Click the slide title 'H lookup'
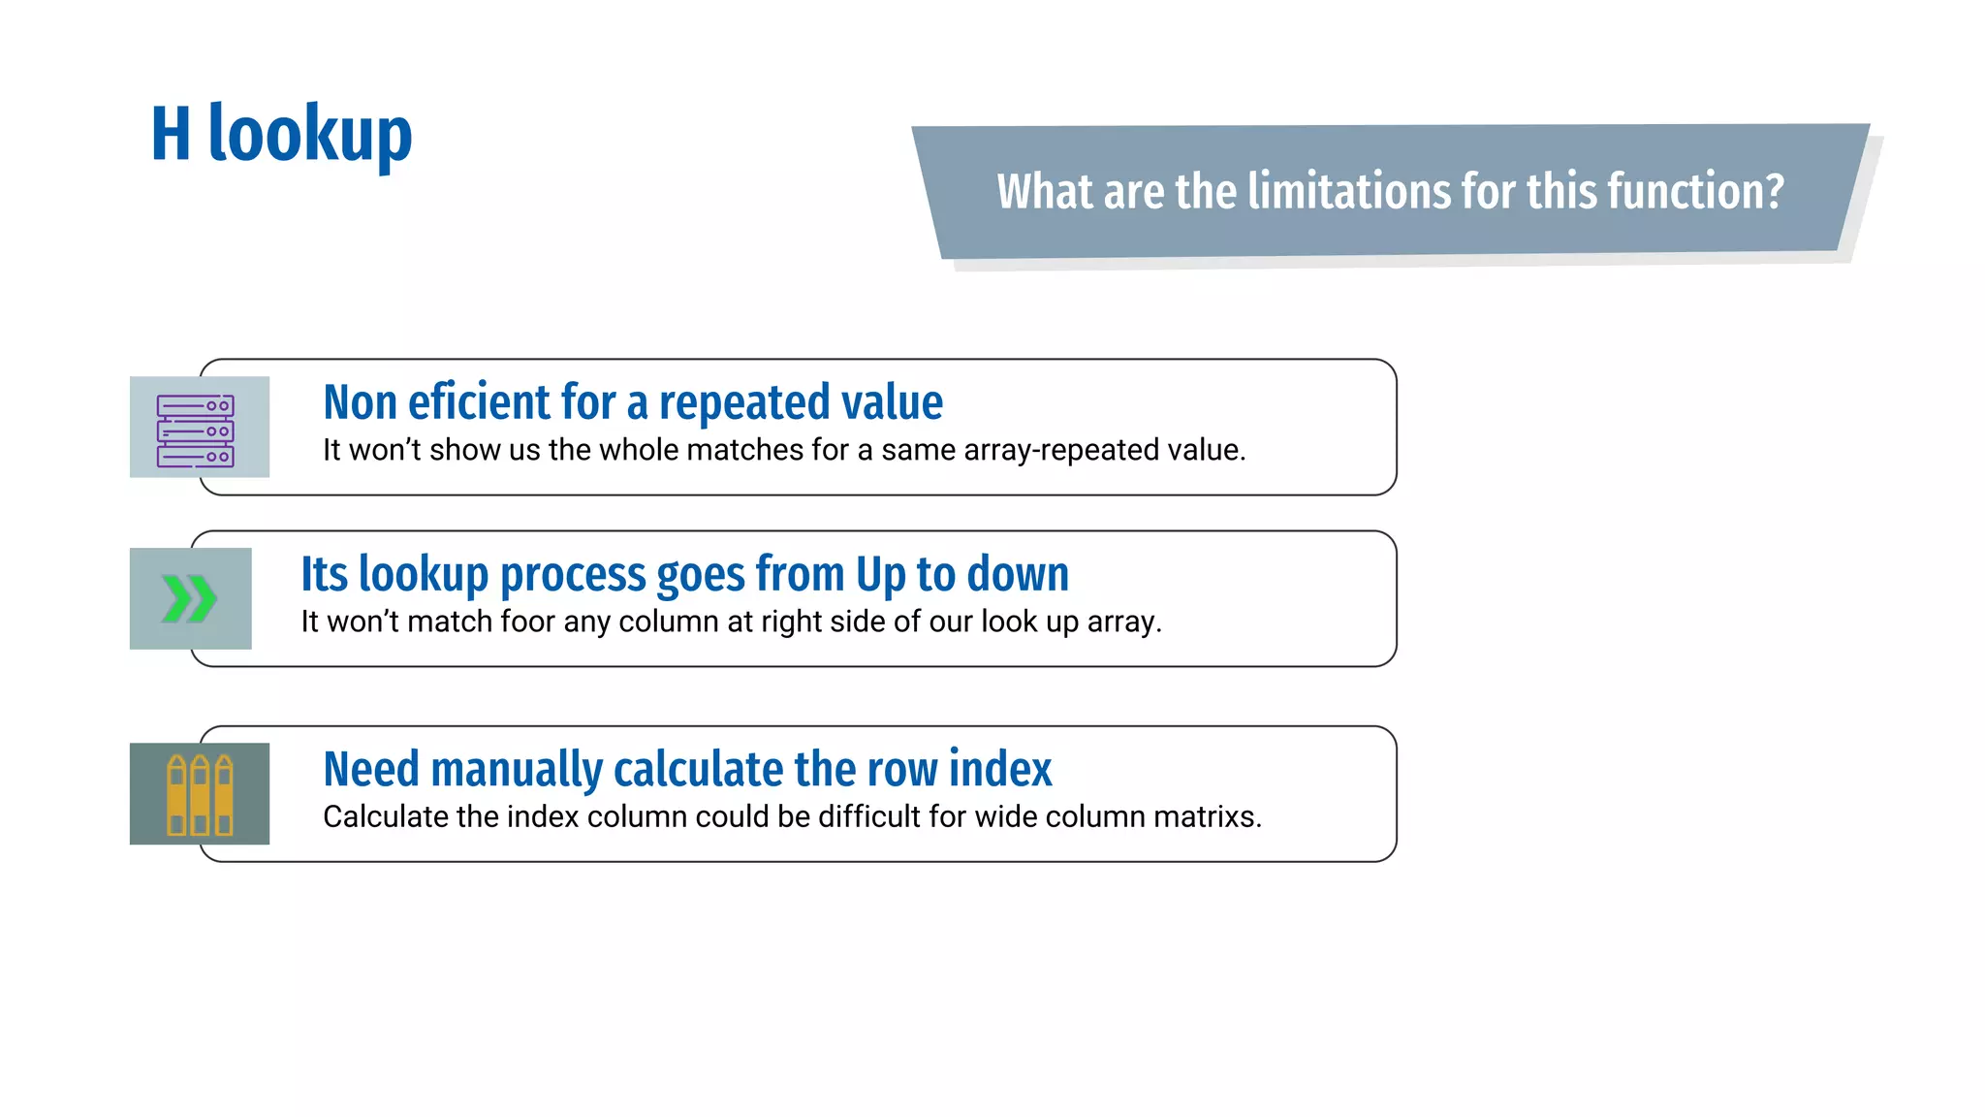[x=281, y=135]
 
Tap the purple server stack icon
[x=196, y=431]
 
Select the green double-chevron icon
[x=189, y=598]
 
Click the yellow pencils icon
[x=201, y=795]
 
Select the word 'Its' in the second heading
[x=324, y=574]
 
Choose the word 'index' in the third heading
[x=1000, y=770]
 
